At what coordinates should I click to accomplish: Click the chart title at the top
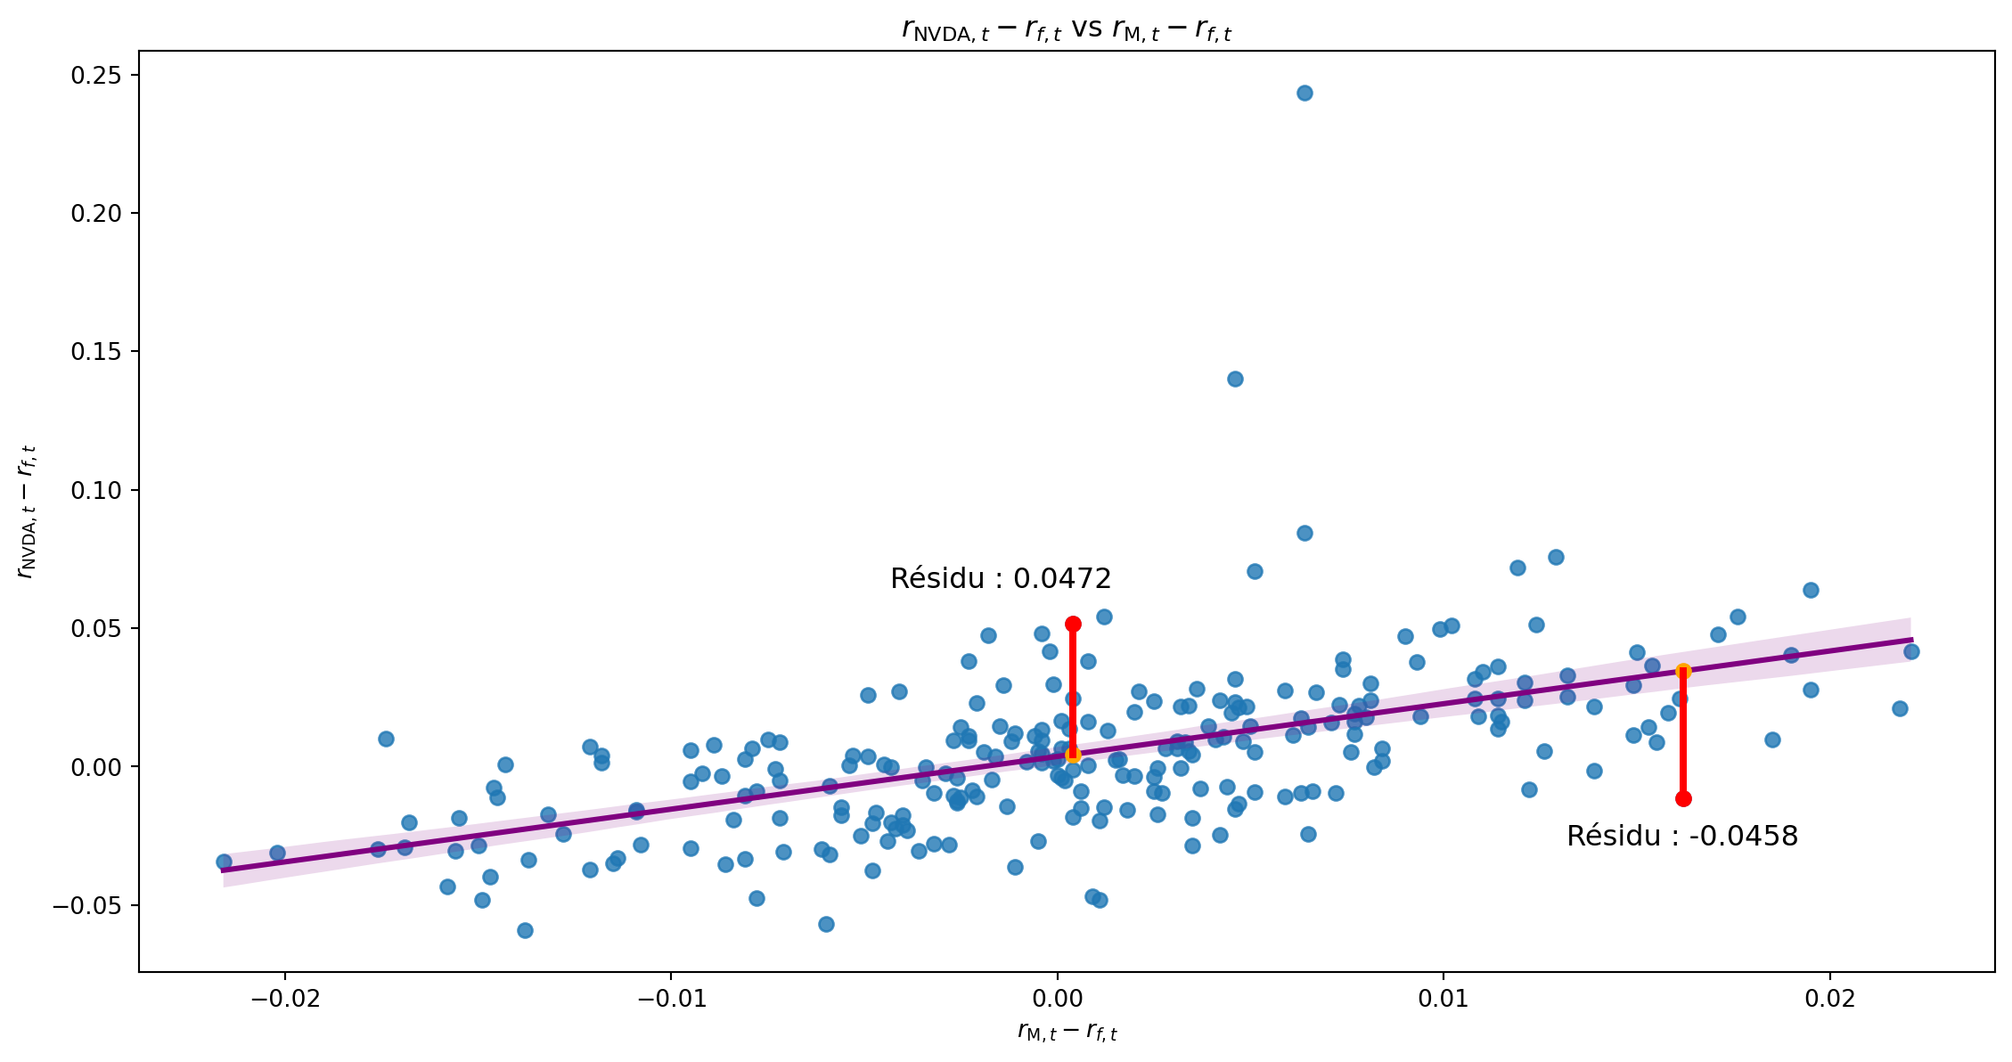coord(1067,30)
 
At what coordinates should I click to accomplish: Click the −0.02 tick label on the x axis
coord(285,1000)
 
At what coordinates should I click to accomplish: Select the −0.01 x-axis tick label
coord(671,1000)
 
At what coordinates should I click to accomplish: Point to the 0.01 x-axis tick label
coord(1444,1000)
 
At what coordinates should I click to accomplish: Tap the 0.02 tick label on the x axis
coord(1830,1000)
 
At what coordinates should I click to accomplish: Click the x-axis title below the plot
coord(1067,1032)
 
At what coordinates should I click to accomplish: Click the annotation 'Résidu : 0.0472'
coord(1001,579)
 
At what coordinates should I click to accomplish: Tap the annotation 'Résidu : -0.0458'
coord(1682,837)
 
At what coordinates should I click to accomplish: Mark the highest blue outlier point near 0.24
coord(1305,93)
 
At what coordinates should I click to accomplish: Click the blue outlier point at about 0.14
coord(1235,379)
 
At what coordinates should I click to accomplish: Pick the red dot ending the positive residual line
coord(1073,624)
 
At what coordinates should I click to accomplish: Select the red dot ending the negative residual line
coord(1683,798)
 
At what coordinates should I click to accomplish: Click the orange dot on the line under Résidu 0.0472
coord(1073,755)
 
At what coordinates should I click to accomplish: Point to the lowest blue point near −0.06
coord(525,930)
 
